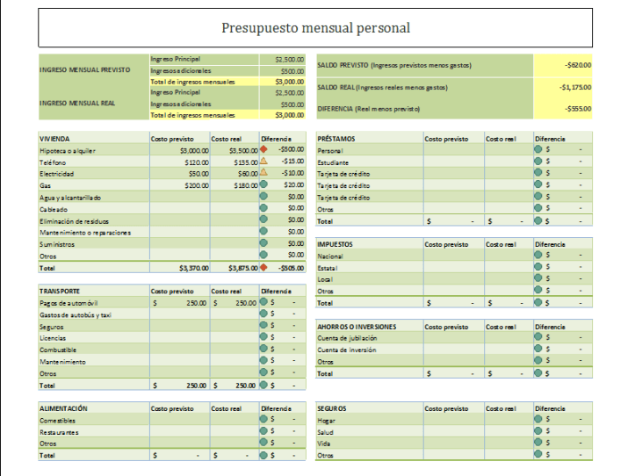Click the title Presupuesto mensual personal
coord(315,28)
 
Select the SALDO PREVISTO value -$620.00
coord(577,64)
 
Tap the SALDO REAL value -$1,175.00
coord(575,87)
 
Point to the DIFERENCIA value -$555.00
coord(577,109)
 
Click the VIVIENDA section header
coord(55,139)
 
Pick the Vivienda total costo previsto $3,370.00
coord(193,267)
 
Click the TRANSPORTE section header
coord(61,291)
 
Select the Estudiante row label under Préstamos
coord(333,162)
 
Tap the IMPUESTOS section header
coord(336,243)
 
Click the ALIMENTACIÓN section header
coord(63,408)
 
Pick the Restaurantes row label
coord(60,432)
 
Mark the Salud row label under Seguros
coord(326,432)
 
